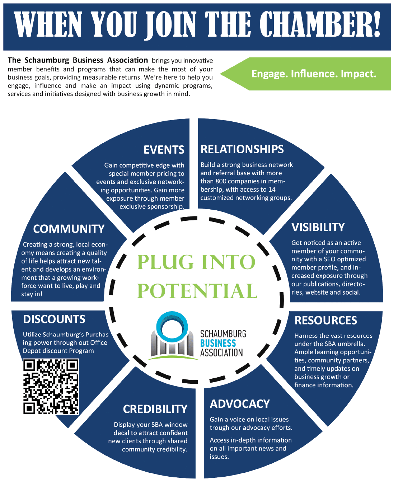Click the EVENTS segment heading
pos(164,150)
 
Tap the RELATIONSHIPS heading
pos(242,149)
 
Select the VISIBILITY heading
pos(318,227)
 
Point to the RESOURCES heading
pos(326,320)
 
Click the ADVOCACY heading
pos(240,404)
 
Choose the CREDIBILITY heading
pos(155,409)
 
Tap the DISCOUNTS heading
pos(54,319)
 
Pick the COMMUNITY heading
pos(69,229)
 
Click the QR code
pos(51,387)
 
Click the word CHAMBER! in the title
pos(320,24)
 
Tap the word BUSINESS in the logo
pos(218,344)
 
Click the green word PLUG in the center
pos(165,262)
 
